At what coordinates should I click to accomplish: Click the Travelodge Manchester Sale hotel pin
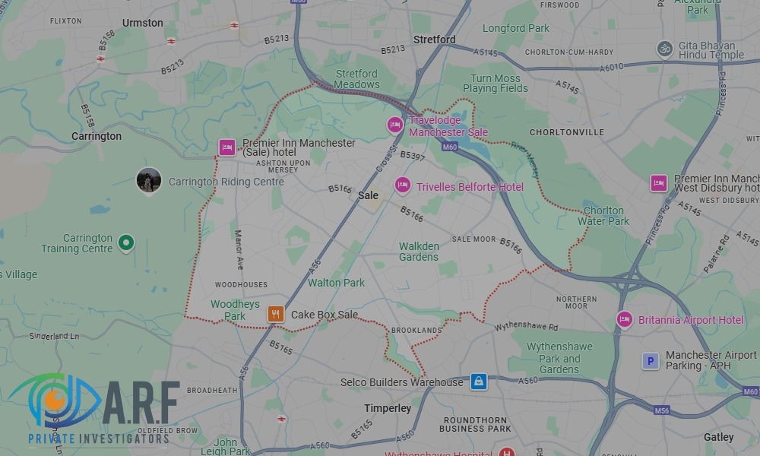[394, 125]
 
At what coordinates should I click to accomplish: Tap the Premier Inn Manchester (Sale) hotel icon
[226, 147]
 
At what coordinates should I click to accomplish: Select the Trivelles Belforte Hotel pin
[402, 185]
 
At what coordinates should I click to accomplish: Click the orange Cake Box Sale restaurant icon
[275, 314]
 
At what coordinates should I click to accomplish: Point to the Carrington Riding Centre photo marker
[148, 180]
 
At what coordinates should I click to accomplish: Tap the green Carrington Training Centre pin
[127, 243]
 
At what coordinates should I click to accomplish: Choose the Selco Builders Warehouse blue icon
[478, 382]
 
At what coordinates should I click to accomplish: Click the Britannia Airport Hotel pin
[625, 319]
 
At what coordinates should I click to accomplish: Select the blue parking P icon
[650, 361]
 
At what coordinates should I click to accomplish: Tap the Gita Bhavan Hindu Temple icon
[665, 49]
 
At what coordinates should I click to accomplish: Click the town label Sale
[368, 195]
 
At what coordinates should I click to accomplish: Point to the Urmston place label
[143, 23]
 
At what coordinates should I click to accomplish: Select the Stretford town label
[434, 39]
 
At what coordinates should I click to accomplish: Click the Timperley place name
[388, 408]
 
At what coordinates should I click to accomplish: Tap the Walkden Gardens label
[419, 252]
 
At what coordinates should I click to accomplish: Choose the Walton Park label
[336, 283]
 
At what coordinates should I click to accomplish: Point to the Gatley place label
[718, 437]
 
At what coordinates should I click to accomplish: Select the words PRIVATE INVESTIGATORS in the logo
[99, 439]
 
